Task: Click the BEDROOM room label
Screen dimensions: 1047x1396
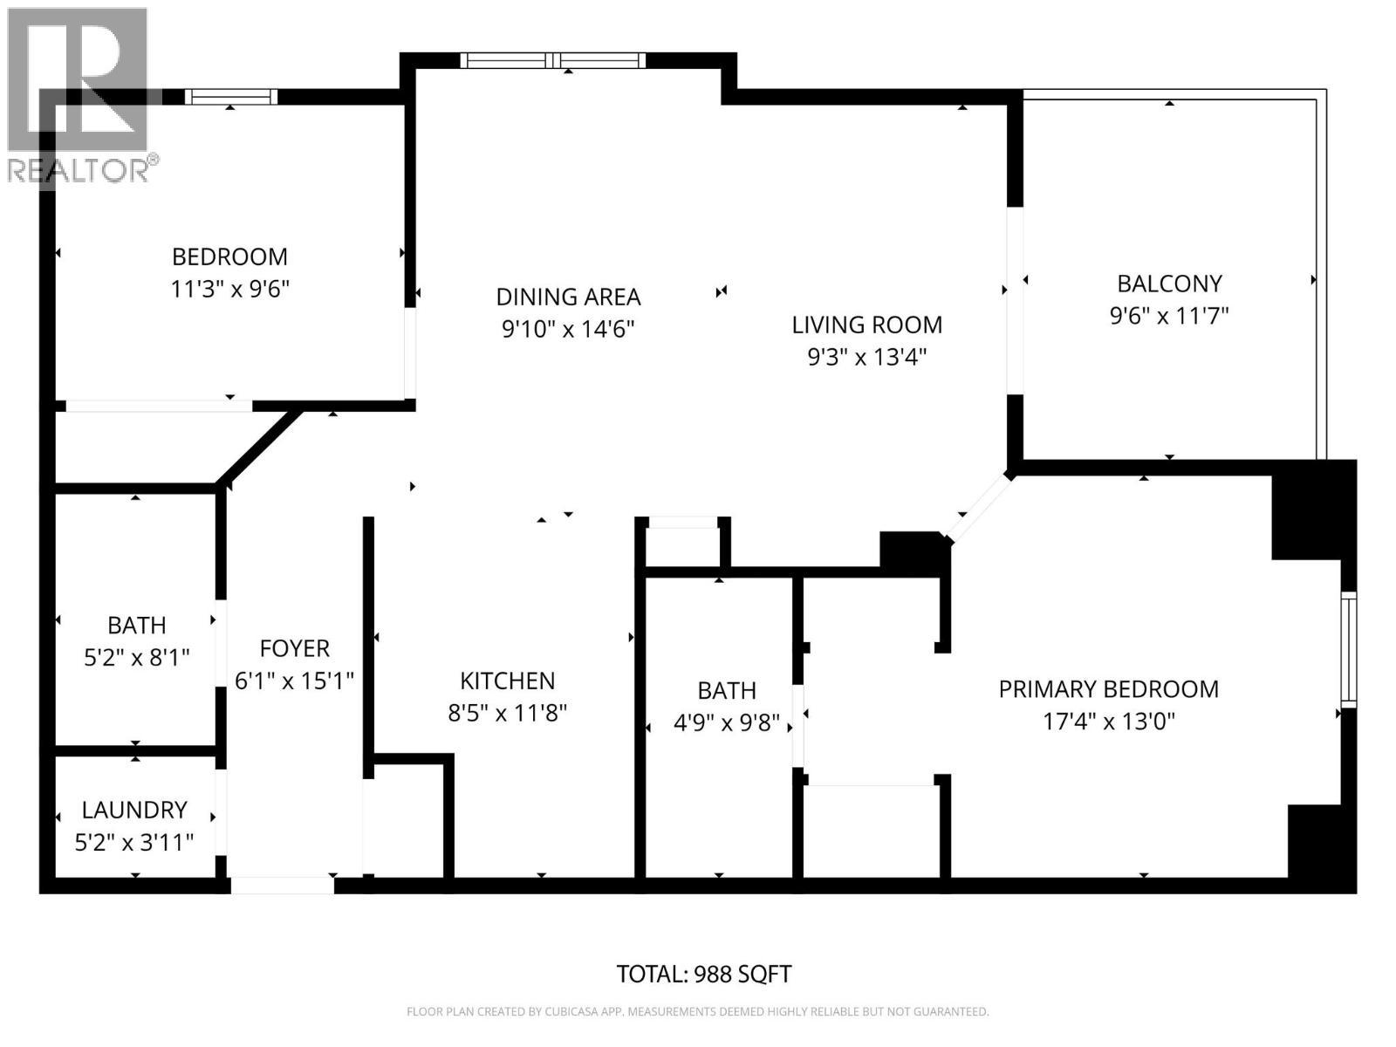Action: tap(229, 257)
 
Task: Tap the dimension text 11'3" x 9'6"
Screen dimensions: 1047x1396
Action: tap(229, 289)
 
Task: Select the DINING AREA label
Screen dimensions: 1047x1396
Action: tap(568, 297)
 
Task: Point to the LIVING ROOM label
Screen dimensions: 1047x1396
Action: tap(866, 325)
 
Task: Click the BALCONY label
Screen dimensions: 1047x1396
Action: tap(1169, 284)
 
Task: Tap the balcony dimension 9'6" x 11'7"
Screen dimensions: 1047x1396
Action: tap(1169, 315)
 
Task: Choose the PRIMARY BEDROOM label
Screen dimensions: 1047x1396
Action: tap(1108, 689)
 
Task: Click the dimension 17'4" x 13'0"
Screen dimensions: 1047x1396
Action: tap(1108, 722)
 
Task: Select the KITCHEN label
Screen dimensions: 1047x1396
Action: tap(507, 681)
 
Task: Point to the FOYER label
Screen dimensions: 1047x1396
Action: tap(294, 648)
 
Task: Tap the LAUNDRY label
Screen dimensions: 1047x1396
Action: tap(134, 810)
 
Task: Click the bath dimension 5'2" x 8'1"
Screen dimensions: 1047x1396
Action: tap(136, 657)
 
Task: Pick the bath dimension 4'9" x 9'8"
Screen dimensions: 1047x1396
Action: tap(726, 722)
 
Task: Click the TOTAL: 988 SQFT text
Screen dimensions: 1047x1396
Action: tap(703, 974)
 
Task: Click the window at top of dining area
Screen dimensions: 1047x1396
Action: tap(553, 60)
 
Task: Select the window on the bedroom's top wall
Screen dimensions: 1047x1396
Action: tap(231, 97)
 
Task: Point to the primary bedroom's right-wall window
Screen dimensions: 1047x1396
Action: tap(1349, 649)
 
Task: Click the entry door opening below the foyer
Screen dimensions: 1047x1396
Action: tap(282, 886)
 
